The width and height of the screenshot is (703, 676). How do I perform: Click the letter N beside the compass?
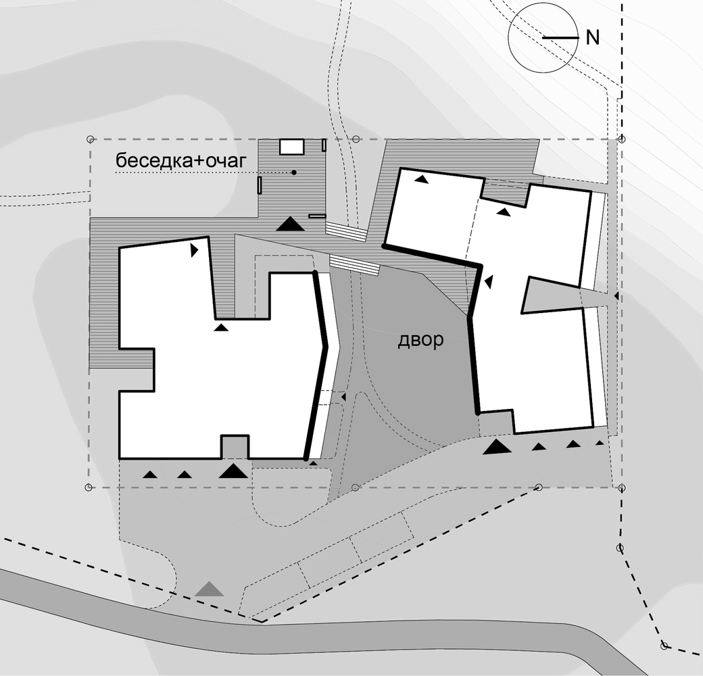pos(593,38)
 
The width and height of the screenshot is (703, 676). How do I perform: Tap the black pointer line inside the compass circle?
pos(560,38)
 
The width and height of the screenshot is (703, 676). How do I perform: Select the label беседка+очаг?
pos(181,160)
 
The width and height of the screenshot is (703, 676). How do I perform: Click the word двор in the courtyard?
pos(421,340)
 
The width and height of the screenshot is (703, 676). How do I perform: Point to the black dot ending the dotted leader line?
pos(294,172)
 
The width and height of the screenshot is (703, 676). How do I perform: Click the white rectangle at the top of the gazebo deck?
pos(292,147)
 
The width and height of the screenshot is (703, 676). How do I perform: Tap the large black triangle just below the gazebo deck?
pos(290,224)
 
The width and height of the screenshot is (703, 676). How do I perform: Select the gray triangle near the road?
pos(209,589)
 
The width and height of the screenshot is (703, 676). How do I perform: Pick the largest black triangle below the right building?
pos(498,447)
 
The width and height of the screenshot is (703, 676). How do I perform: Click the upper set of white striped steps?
pos(345,231)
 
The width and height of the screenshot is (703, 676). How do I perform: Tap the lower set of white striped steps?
pos(355,264)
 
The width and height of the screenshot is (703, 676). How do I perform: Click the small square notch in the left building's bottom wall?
pos(235,447)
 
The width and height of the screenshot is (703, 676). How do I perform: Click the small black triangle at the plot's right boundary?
pos(616,296)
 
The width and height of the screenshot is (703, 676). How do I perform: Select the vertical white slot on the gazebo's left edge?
pos(259,185)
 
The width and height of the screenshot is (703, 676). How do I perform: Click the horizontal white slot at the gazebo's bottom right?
pos(316,216)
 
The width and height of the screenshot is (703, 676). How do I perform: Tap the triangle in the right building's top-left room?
pos(420,179)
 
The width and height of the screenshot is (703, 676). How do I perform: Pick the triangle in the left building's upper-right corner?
pos(194,250)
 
